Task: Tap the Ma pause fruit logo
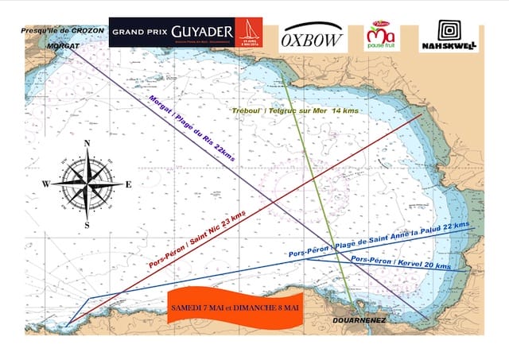tap(379, 35)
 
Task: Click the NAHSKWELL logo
tap(449, 36)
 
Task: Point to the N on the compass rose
tap(87, 144)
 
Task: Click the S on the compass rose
tap(87, 225)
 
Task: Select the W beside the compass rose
tap(46, 184)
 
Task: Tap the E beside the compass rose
tap(129, 184)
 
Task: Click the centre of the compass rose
tap(87, 184)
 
